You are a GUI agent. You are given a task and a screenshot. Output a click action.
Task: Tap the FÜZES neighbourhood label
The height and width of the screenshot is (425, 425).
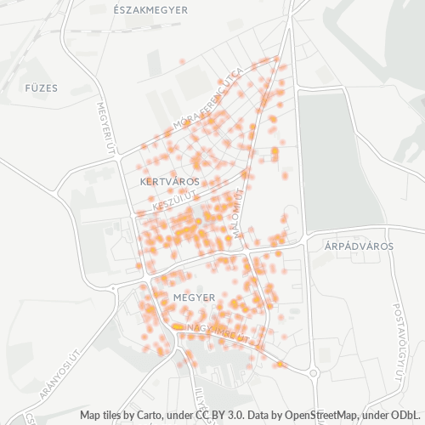tap(40, 88)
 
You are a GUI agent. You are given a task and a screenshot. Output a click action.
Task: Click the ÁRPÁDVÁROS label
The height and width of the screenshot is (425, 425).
tap(359, 246)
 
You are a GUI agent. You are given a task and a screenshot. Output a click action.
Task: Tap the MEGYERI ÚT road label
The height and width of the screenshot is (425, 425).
tap(108, 128)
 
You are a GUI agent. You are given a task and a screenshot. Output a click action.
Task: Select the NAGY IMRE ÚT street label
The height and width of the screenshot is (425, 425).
tap(218, 331)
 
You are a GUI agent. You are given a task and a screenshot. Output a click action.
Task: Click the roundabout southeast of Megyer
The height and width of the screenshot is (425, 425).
tap(314, 371)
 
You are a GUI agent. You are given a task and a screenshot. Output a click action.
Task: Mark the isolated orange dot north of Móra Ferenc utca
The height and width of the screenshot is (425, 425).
tap(183, 61)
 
